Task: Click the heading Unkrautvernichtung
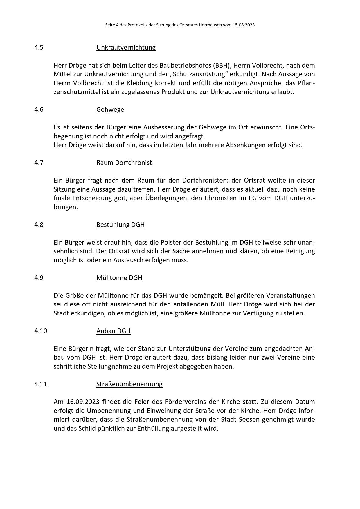click(126, 47)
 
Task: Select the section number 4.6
click(39, 109)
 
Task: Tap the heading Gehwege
click(110, 109)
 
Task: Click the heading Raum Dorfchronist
click(124, 163)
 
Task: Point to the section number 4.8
click(39, 225)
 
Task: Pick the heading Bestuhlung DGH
click(120, 225)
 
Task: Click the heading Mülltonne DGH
click(119, 278)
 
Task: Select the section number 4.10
click(40, 331)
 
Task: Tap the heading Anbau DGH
click(113, 331)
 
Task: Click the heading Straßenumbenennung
click(129, 384)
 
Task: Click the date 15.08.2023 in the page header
click(243, 25)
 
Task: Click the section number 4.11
click(40, 384)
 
